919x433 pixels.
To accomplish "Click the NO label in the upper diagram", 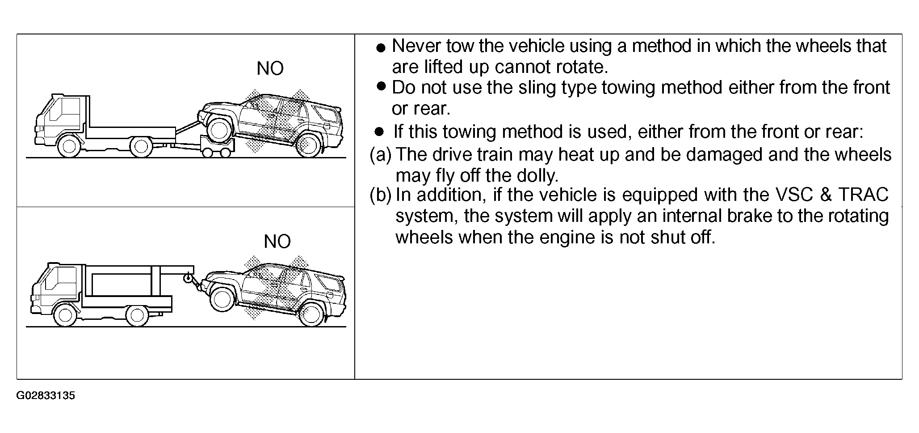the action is click(x=270, y=68).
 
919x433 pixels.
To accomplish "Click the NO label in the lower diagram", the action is click(x=277, y=242).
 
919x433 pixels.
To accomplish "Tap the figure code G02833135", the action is click(x=46, y=396).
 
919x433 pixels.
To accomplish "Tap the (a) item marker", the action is click(x=381, y=155).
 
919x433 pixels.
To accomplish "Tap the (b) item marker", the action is click(x=381, y=195).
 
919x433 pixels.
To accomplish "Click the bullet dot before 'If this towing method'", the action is click(x=379, y=132).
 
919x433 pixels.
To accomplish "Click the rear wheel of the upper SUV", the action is click(x=308, y=144).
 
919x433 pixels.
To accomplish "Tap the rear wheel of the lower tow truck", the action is click(x=137, y=315).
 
